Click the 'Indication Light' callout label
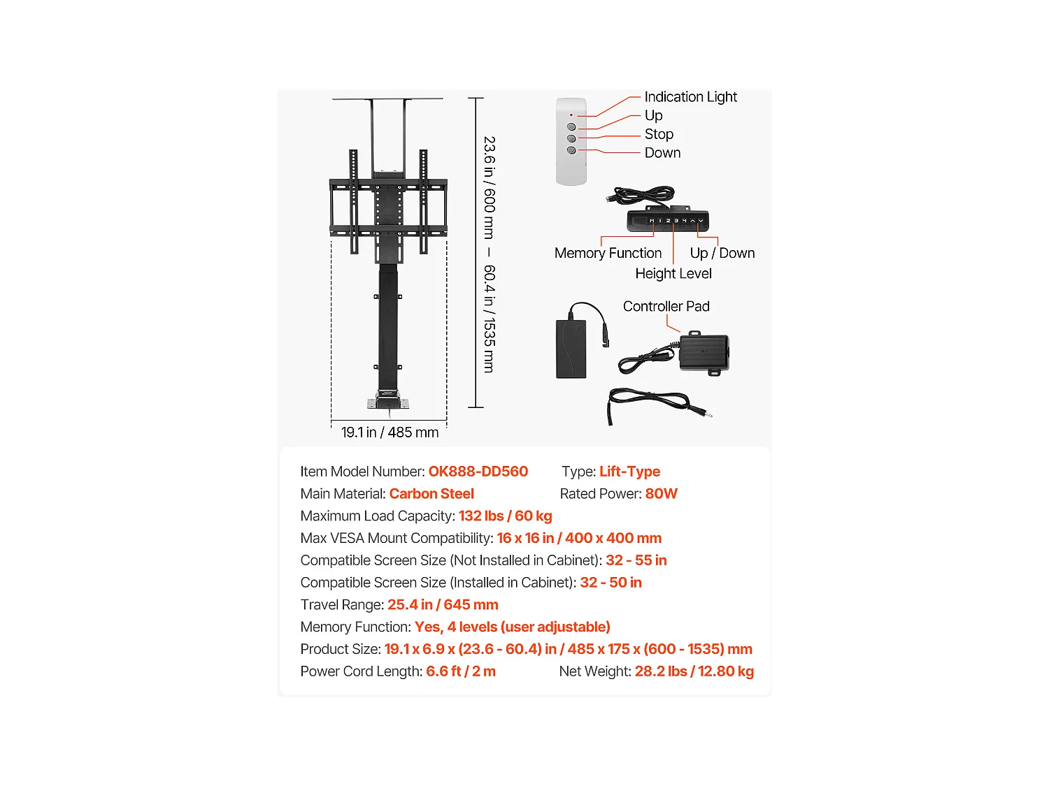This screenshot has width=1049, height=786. (x=690, y=97)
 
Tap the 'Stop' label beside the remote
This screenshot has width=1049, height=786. (x=659, y=134)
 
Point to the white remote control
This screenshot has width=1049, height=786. (x=571, y=141)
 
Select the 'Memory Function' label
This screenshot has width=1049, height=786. (x=608, y=253)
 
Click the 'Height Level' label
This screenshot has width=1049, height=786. (x=673, y=273)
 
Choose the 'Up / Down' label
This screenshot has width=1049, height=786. (x=722, y=253)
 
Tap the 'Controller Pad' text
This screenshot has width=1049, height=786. (x=666, y=307)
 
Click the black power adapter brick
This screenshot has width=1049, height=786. (x=571, y=349)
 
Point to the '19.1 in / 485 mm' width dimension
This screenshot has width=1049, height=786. (x=390, y=432)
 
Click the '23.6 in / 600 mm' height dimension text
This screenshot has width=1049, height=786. (x=489, y=187)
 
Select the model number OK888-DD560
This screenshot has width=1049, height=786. (x=478, y=472)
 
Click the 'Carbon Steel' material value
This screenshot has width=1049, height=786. (x=431, y=493)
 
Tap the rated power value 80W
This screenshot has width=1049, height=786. (x=661, y=493)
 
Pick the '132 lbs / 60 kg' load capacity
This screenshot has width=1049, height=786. (x=505, y=516)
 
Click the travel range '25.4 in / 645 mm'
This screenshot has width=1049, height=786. (x=443, y=604)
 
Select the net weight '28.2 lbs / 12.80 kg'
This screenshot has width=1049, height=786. (x=694, y=671)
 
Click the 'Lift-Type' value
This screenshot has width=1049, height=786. (x=629, y=472)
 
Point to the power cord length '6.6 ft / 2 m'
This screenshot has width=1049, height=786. (x=461, y=671)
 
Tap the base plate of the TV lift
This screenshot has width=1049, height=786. (x=388, y=403)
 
